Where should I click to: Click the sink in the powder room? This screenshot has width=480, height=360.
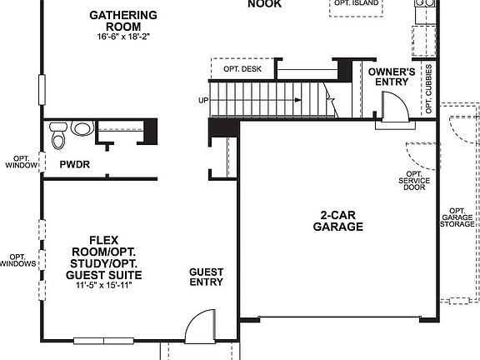coord(82,128)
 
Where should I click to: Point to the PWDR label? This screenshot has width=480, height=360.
coord(74,165)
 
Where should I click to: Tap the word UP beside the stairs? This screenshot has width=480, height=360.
coord(202,100)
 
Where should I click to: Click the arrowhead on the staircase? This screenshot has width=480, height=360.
coord(297,100)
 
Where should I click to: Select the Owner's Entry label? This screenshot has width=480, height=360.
coord(392,77)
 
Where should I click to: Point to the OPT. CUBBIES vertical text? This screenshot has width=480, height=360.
coord(428,89)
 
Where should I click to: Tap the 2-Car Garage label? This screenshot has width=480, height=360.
coord(337,220)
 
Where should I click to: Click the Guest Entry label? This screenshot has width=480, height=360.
coord(206,277)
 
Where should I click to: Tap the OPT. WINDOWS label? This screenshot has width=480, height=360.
coord(17,260)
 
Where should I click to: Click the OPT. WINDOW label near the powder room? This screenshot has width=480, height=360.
coord(21,162)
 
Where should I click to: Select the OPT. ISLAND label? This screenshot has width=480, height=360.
coord(357,4)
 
